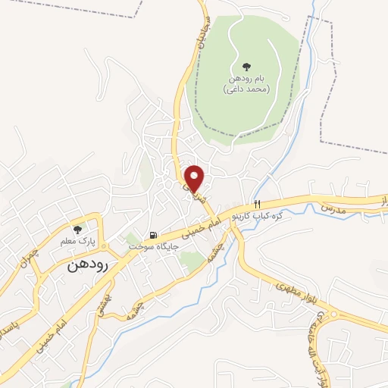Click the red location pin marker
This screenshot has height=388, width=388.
click(195, 177)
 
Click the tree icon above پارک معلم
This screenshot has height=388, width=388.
click(76, 230)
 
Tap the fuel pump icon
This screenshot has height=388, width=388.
click(155, 235)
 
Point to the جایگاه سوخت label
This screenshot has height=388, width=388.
click(152, 247)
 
